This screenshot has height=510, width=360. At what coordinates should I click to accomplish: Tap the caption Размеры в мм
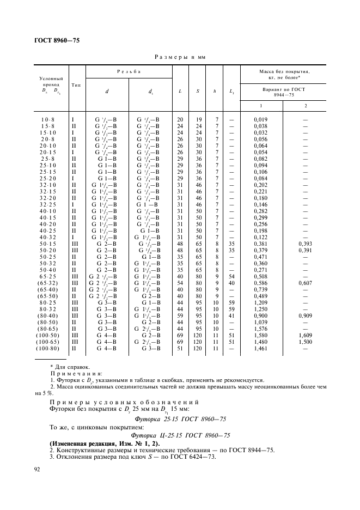pos(180,57)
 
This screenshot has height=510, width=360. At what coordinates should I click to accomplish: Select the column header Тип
pos(76,85)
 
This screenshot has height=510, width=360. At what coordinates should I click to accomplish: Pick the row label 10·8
pos(48,119)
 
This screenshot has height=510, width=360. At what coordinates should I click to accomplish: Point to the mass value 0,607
pos(305,283)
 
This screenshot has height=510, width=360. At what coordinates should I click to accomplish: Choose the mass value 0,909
pos(305,315)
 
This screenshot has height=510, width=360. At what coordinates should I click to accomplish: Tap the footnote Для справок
pos(70,367)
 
